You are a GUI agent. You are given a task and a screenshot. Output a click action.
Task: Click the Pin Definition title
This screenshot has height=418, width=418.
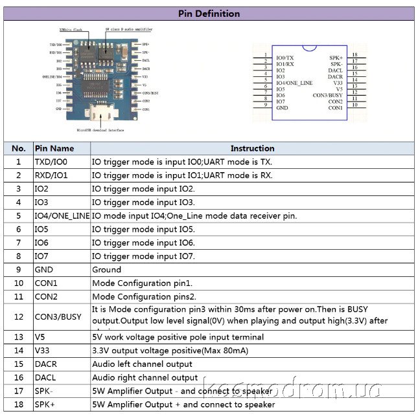209,14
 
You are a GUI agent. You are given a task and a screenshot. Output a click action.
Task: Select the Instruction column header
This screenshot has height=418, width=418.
252,148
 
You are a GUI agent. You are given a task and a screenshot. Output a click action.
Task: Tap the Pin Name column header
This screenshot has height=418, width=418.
54,148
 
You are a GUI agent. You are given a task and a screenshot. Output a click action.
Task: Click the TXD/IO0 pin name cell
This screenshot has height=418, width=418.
51,162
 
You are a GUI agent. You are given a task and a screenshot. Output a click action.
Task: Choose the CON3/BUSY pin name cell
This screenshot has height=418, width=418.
58,316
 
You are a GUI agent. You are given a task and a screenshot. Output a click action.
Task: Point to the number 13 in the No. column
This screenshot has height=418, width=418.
19,337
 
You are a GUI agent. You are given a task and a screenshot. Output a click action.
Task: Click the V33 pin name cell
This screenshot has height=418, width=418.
42,351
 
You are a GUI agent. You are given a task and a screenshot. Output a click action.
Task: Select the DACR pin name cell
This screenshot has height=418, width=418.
46,364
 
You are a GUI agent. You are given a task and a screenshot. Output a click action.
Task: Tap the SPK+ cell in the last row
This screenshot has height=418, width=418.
45,404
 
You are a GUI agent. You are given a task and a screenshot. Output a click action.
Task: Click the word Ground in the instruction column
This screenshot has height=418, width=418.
106,269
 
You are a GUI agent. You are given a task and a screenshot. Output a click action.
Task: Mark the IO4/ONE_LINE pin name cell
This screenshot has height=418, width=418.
62,215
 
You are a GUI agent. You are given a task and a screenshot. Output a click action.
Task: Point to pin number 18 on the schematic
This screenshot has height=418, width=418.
354,56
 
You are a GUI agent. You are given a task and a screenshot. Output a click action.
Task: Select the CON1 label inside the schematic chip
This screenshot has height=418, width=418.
335,107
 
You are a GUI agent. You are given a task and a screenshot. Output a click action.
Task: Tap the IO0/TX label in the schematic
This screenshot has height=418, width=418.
285,58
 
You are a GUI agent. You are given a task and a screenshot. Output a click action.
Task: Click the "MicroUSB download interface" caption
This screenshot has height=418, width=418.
100,130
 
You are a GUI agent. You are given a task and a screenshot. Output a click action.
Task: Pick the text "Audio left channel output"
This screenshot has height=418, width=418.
142,364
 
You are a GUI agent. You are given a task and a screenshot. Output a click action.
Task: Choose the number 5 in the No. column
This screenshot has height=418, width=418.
19,215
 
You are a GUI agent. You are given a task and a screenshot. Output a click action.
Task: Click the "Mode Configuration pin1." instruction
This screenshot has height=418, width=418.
142,283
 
